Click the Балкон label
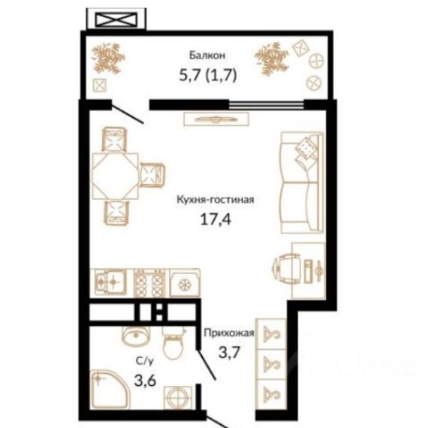207,55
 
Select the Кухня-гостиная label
216,200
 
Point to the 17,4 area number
216,219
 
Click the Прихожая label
229,333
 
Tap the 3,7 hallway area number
229,352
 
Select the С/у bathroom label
145,361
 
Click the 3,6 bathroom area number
145,380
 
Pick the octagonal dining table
115,176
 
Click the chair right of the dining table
152,175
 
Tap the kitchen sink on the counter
108,282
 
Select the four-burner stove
149,283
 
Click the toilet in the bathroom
173,345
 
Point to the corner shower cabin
110,389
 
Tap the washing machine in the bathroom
178,398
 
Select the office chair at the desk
287,269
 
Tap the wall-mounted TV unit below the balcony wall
216,119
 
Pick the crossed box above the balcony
116,20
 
